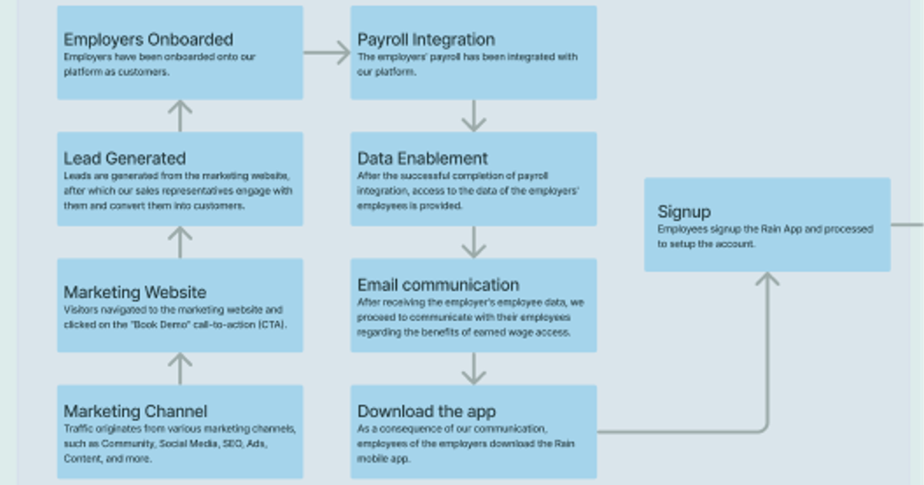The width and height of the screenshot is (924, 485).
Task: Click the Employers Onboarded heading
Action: [148, 39]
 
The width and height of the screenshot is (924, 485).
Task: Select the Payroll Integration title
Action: [426, 39]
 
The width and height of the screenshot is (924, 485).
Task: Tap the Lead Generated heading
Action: [125, 158]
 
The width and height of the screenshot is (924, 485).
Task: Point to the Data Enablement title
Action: [423, 158]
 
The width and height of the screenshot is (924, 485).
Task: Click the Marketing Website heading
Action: [135, 292]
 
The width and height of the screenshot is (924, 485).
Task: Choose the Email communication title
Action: [438, 285]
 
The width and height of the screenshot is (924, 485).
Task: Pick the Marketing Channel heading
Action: [136, 411]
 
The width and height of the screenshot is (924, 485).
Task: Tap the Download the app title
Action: [427, 411]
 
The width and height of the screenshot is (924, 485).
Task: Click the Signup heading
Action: [684, 212]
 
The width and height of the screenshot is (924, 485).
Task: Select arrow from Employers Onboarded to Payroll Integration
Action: [327, 53]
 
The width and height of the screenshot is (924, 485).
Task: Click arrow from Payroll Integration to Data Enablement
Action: [474, 115]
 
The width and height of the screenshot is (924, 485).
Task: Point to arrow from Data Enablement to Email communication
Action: [474, 242]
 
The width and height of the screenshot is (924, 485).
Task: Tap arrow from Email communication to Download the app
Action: [474, 369]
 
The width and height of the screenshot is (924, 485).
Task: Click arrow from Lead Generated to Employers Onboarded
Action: [179, 115]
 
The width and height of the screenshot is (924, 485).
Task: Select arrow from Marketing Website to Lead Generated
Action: [179, 242]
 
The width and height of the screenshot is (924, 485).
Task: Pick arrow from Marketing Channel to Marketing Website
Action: [179, 369]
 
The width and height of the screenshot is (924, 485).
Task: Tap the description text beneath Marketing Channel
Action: [179, 443]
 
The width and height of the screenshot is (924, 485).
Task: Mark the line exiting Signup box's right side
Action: [907, 225]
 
